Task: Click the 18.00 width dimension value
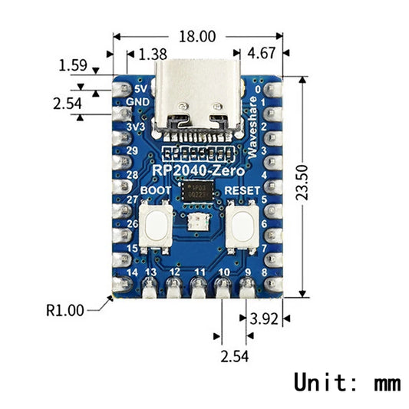pos(197,36)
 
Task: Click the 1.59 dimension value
pos(73,67)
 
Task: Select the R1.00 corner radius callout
pos(64,311)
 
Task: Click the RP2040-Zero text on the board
pos(196,170)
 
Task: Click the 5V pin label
pos(140,88)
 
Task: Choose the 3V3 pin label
pos(137,126)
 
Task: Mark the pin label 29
pos(133,150)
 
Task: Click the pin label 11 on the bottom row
pos(200,272)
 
